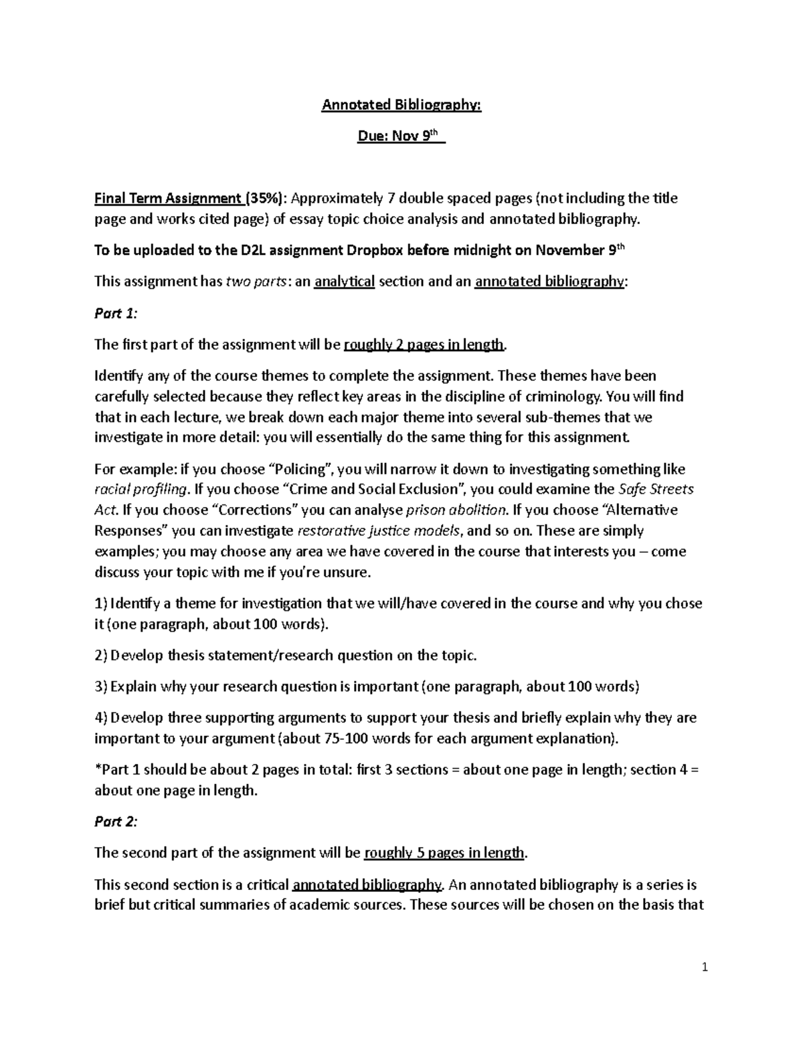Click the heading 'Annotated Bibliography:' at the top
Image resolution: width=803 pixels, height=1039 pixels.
coord(401,106)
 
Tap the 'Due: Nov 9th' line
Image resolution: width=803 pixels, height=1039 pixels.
coord(401,136)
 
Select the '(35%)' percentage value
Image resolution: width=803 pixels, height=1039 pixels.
coord(266,198)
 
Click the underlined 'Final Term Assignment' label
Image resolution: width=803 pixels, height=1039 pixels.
coord(168,198)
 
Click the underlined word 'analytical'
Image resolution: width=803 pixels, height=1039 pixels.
coord(344,281)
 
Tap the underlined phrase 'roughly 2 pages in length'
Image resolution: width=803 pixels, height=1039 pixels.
coord(423,345)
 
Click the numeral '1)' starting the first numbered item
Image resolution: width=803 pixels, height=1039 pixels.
coord(100,603)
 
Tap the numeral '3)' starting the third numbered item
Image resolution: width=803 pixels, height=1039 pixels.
coord(100,686)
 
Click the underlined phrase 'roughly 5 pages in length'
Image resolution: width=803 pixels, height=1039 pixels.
coord(444,853)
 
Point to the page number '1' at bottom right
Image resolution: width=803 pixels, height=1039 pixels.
coord(705,967)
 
